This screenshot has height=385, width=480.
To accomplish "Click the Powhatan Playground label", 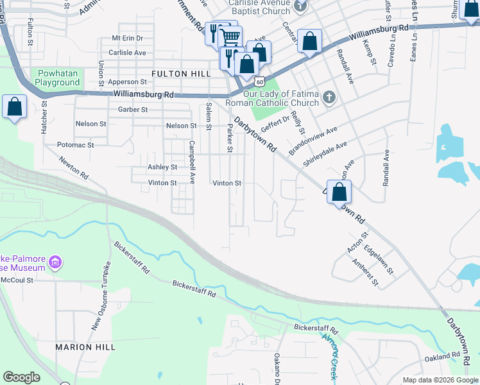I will [x=57, y=78].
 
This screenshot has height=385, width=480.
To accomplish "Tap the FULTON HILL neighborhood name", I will [x=181, y=74].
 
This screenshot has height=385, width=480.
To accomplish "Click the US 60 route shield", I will [x=259, y=81].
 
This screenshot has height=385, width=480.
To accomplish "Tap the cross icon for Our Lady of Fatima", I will [x=329, y=97].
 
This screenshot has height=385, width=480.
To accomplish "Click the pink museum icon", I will [x=55, y=262].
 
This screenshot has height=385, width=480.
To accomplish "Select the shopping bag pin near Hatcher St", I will [x=15, y=107].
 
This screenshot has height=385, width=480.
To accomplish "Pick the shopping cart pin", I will [x=231, y=37].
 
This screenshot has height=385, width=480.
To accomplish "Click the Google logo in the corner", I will [x=21, y=377].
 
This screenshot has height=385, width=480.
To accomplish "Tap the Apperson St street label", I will [x=127, y=82].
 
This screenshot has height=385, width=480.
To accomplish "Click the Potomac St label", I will [x=76, y=145].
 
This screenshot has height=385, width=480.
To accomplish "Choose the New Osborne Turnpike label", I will [x=101, y=295].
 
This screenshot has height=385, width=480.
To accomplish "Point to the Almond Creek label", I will [x=330, y=356].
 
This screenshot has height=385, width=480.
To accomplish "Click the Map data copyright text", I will [x=440, y=380].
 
